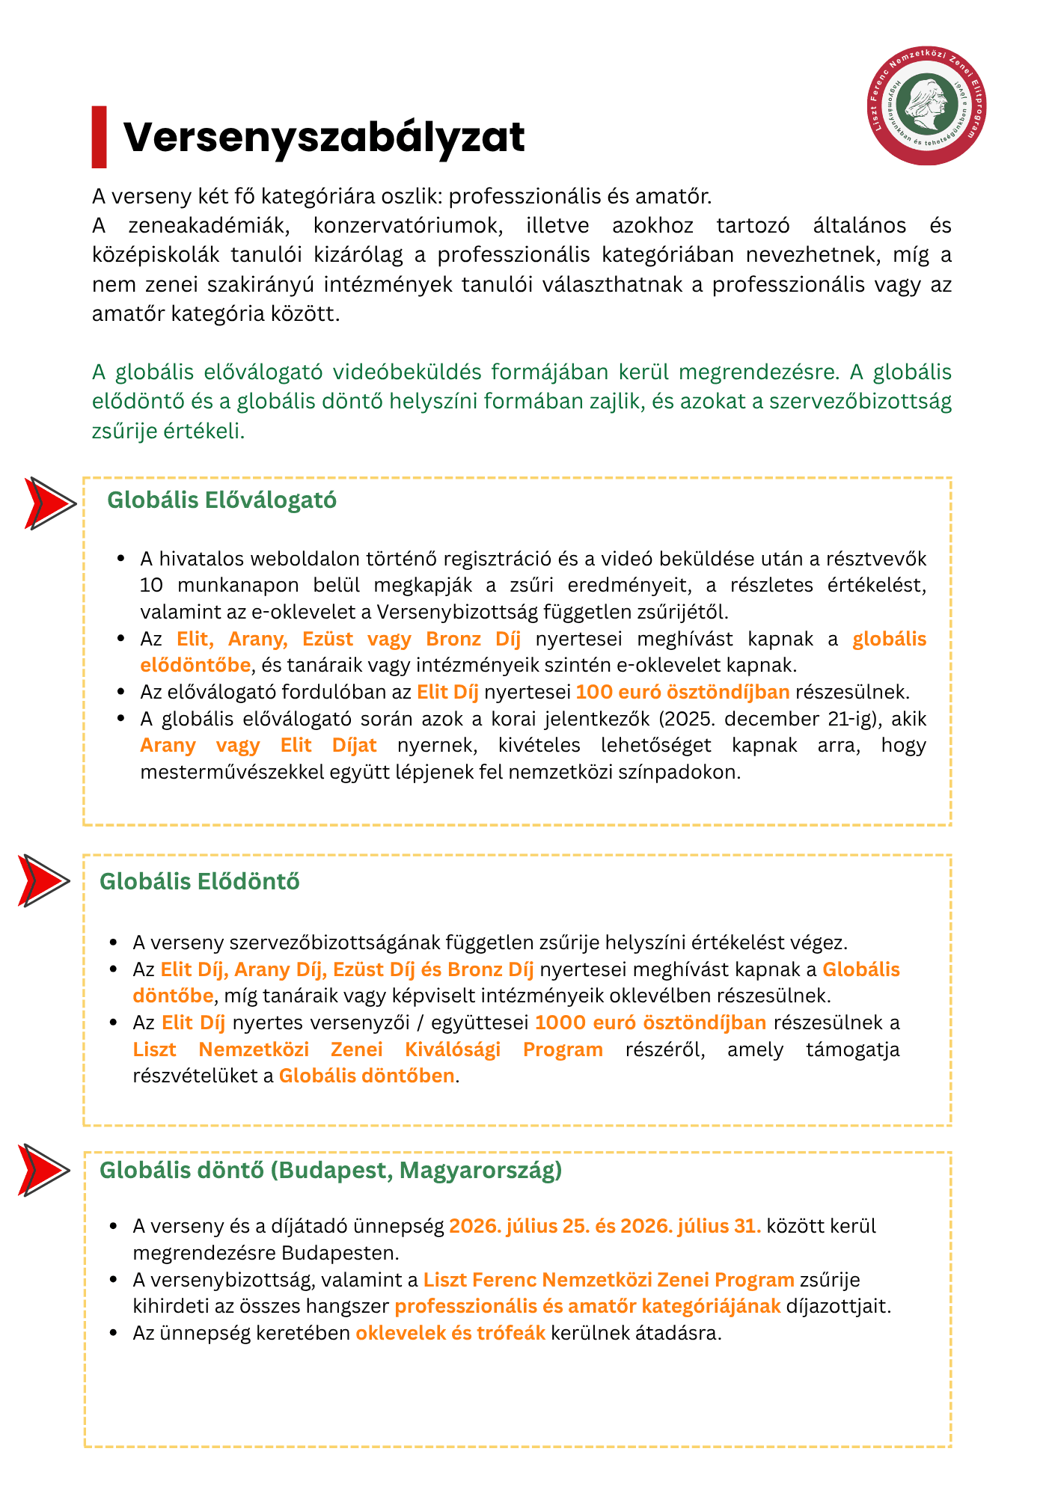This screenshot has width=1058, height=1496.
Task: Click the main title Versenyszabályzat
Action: [x=323, y=138]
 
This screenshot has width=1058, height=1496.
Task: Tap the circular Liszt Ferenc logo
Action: [x=929, y=106]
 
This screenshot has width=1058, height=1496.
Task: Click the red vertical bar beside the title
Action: [x=99, y=137]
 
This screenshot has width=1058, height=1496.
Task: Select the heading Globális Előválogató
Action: [x=221, y=500]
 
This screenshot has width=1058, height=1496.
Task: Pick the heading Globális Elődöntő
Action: [x=199, y=881]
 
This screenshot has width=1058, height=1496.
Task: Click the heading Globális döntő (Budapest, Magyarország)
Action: [x=330, y=1170]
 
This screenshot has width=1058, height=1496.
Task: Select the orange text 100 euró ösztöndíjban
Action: [x=682, y=692]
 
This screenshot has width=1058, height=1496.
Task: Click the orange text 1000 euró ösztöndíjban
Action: [x=650, y=1023]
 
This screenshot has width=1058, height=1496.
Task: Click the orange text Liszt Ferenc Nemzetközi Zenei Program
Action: [x=608, y=1280]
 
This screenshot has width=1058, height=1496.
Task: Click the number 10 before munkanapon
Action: [x=151, y=585]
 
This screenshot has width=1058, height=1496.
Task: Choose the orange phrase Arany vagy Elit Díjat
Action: [x=258, y=745]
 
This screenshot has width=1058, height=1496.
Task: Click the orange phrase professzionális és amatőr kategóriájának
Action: [x=587, y=1306]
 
